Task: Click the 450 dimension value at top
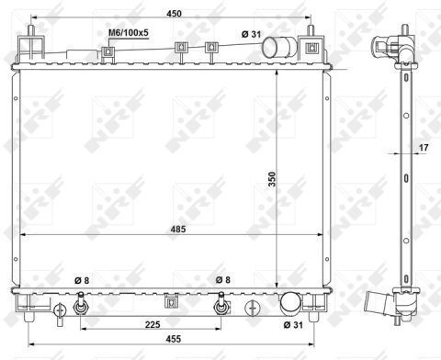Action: coord(174,14)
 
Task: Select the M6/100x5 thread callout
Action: coord(129,33)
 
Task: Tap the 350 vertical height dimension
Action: coord(272,179)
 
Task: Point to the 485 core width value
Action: coord(178,229)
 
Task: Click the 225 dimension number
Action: coord(153,324)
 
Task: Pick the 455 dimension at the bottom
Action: coord(174,339)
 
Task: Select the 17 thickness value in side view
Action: coord(424,148)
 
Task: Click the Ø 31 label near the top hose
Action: coord(251,34)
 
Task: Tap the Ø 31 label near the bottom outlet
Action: coord(293,325)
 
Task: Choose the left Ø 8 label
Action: coord(82,280)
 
